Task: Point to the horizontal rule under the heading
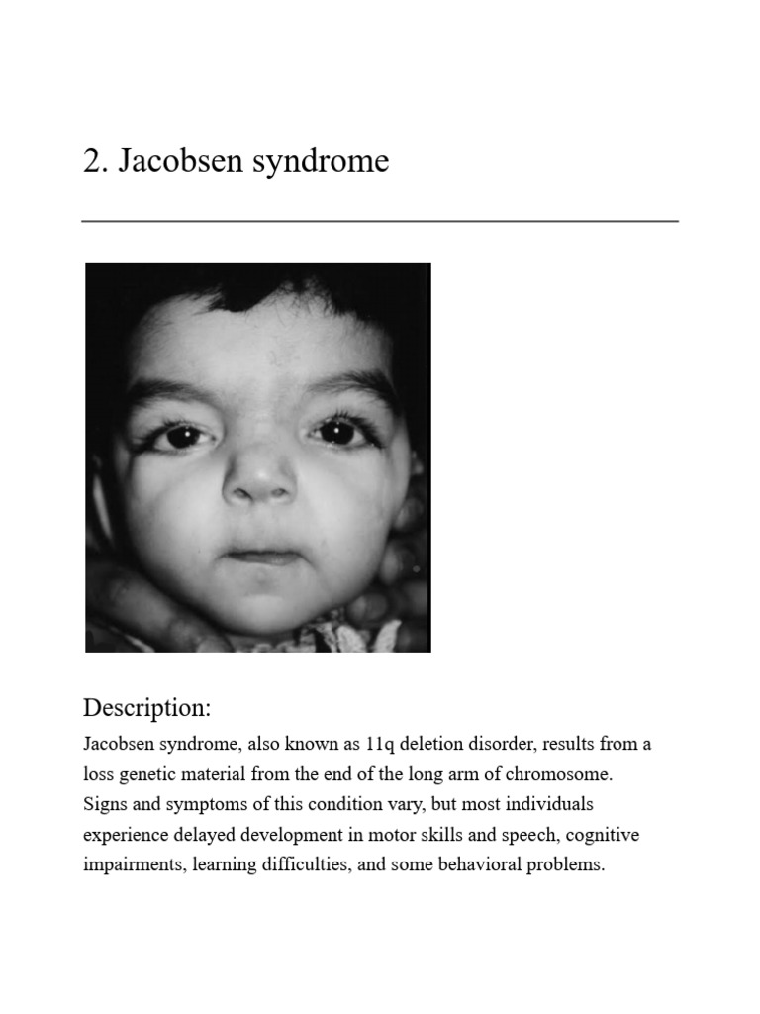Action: [x=380, y=221]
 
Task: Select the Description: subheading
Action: [x=147, y=708]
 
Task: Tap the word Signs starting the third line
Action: [x=106, y=803]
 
